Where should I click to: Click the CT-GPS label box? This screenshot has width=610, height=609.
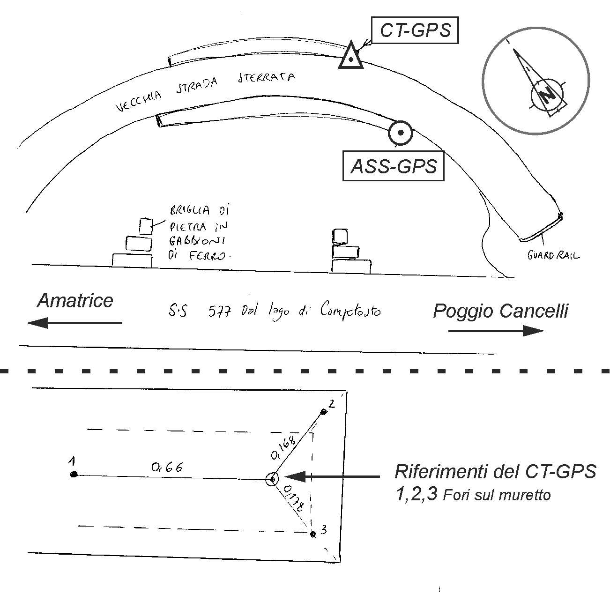click(x=415, y=30)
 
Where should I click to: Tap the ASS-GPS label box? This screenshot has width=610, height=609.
click(x=394, y=166)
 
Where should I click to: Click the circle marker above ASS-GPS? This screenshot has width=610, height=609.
click(x=400, y=133)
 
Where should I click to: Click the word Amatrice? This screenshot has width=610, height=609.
click(x=75, y=301)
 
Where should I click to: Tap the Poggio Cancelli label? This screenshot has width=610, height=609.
click(x=500, y=311)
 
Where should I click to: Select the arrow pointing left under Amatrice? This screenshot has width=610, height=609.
click(x=74, y=323)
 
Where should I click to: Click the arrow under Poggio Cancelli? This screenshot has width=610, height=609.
click(x=496, y=331)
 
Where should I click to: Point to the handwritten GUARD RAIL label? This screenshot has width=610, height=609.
click(x=553, y=256)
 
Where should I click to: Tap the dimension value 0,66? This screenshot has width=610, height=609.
click(x=167, y=467)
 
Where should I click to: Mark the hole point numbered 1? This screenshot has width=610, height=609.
click(x=74, y=475)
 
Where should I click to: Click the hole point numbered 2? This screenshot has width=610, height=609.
click(x=323, y=412)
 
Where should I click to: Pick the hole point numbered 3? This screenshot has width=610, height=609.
click(x=313, y=533)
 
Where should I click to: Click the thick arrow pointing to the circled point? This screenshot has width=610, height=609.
click(x=332, y=477)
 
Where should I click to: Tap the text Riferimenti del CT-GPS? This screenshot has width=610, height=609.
click(x=495, y=471)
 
